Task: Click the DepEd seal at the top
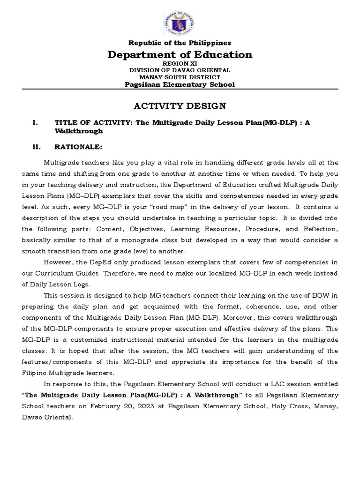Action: point(180,24)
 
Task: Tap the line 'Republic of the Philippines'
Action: point(180,43)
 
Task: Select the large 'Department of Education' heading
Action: point(180,55)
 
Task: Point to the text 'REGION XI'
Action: point(180,63)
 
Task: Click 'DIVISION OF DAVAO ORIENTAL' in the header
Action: point(180,70)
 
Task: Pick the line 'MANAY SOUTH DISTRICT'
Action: point(180,77)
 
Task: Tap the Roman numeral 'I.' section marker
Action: point(35,123)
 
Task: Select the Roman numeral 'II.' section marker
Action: point(37,147)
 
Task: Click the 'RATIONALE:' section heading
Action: point(78,147)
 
